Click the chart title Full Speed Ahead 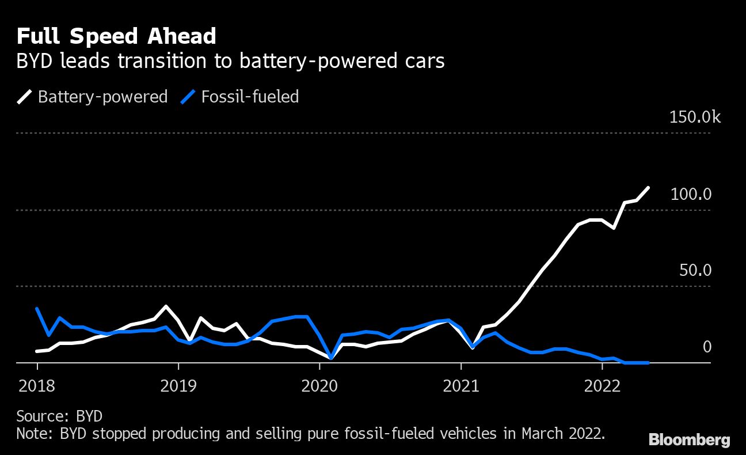116,36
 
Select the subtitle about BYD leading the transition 230,61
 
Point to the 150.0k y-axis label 695,117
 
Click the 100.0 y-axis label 691,194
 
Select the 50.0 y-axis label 695,270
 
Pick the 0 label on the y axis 707,347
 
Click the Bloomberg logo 689,441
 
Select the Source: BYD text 59,416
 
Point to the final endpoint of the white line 649,188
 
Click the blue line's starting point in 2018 37,309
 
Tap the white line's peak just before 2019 166,306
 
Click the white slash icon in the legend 25,96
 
